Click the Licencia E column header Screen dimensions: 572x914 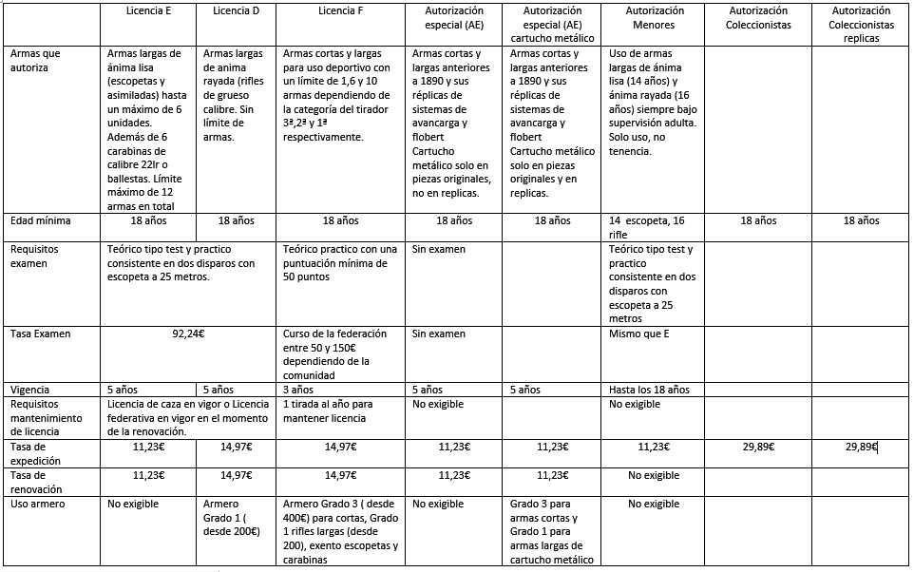(149, 10)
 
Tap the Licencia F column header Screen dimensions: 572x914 (339, 10)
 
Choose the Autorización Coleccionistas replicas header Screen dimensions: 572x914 (861, 25)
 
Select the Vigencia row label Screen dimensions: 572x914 (30, 390)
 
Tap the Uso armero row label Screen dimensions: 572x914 (37, 504)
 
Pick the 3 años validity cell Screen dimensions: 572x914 (298, 390)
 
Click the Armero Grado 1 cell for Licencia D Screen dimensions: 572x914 (232, 517)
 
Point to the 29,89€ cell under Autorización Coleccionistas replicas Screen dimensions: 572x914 (861, 447)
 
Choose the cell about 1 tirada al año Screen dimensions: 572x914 (329, 410)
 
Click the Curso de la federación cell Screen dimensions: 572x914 (336, 353)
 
